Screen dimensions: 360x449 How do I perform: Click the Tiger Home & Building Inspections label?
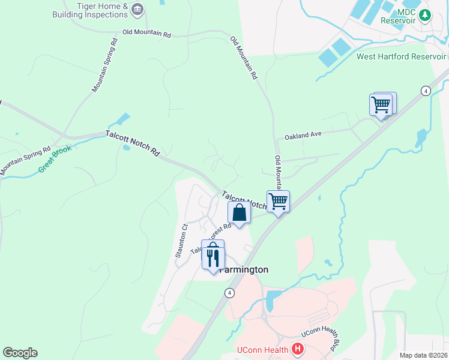click(98, 10)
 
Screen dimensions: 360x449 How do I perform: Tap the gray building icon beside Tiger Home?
click(138, 8)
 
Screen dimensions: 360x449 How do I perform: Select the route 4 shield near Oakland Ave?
click(426, 91)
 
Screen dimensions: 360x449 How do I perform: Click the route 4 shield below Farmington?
click(229, 293)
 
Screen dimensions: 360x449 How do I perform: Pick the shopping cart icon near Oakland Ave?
click(382, 105)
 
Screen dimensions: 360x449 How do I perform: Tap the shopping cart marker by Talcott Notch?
click(278, 202)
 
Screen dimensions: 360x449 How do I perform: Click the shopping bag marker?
click(239, 213)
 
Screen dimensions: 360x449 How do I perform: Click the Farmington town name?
click(244, 269)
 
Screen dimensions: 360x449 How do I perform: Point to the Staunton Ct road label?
click(182, 241)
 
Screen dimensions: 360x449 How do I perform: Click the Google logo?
click(20, 353)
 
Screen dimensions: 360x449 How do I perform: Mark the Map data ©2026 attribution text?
click(423, 355)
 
